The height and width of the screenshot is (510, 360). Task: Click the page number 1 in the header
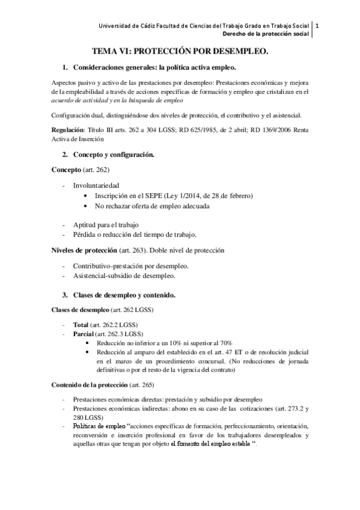point(317,26)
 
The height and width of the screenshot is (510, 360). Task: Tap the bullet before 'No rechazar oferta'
point(88,207)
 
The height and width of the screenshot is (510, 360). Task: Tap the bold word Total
point(81,324)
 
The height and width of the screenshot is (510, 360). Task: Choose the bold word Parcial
point(84,334)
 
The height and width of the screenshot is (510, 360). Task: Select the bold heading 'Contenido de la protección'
point(89,384)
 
